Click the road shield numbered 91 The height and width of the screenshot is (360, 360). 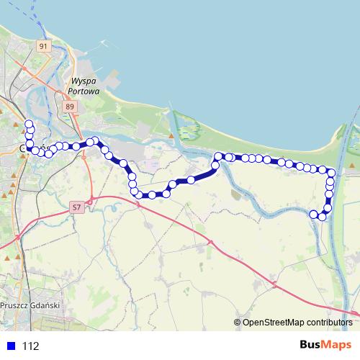pos(43,46)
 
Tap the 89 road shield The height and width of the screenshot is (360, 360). pos(69,107)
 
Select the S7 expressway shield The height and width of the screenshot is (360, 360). pos(77,207)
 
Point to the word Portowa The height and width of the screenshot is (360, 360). pos(82,91)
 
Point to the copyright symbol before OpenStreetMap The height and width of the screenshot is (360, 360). pos(238,323)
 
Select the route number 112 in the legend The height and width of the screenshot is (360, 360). pos(31,346)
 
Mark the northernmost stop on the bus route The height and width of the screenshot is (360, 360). pos(29,125)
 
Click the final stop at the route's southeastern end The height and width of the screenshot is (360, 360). pos(314,214)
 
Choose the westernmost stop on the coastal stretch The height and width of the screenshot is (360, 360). pos(218,156)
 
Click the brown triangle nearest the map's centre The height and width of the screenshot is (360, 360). pos(171,135)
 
